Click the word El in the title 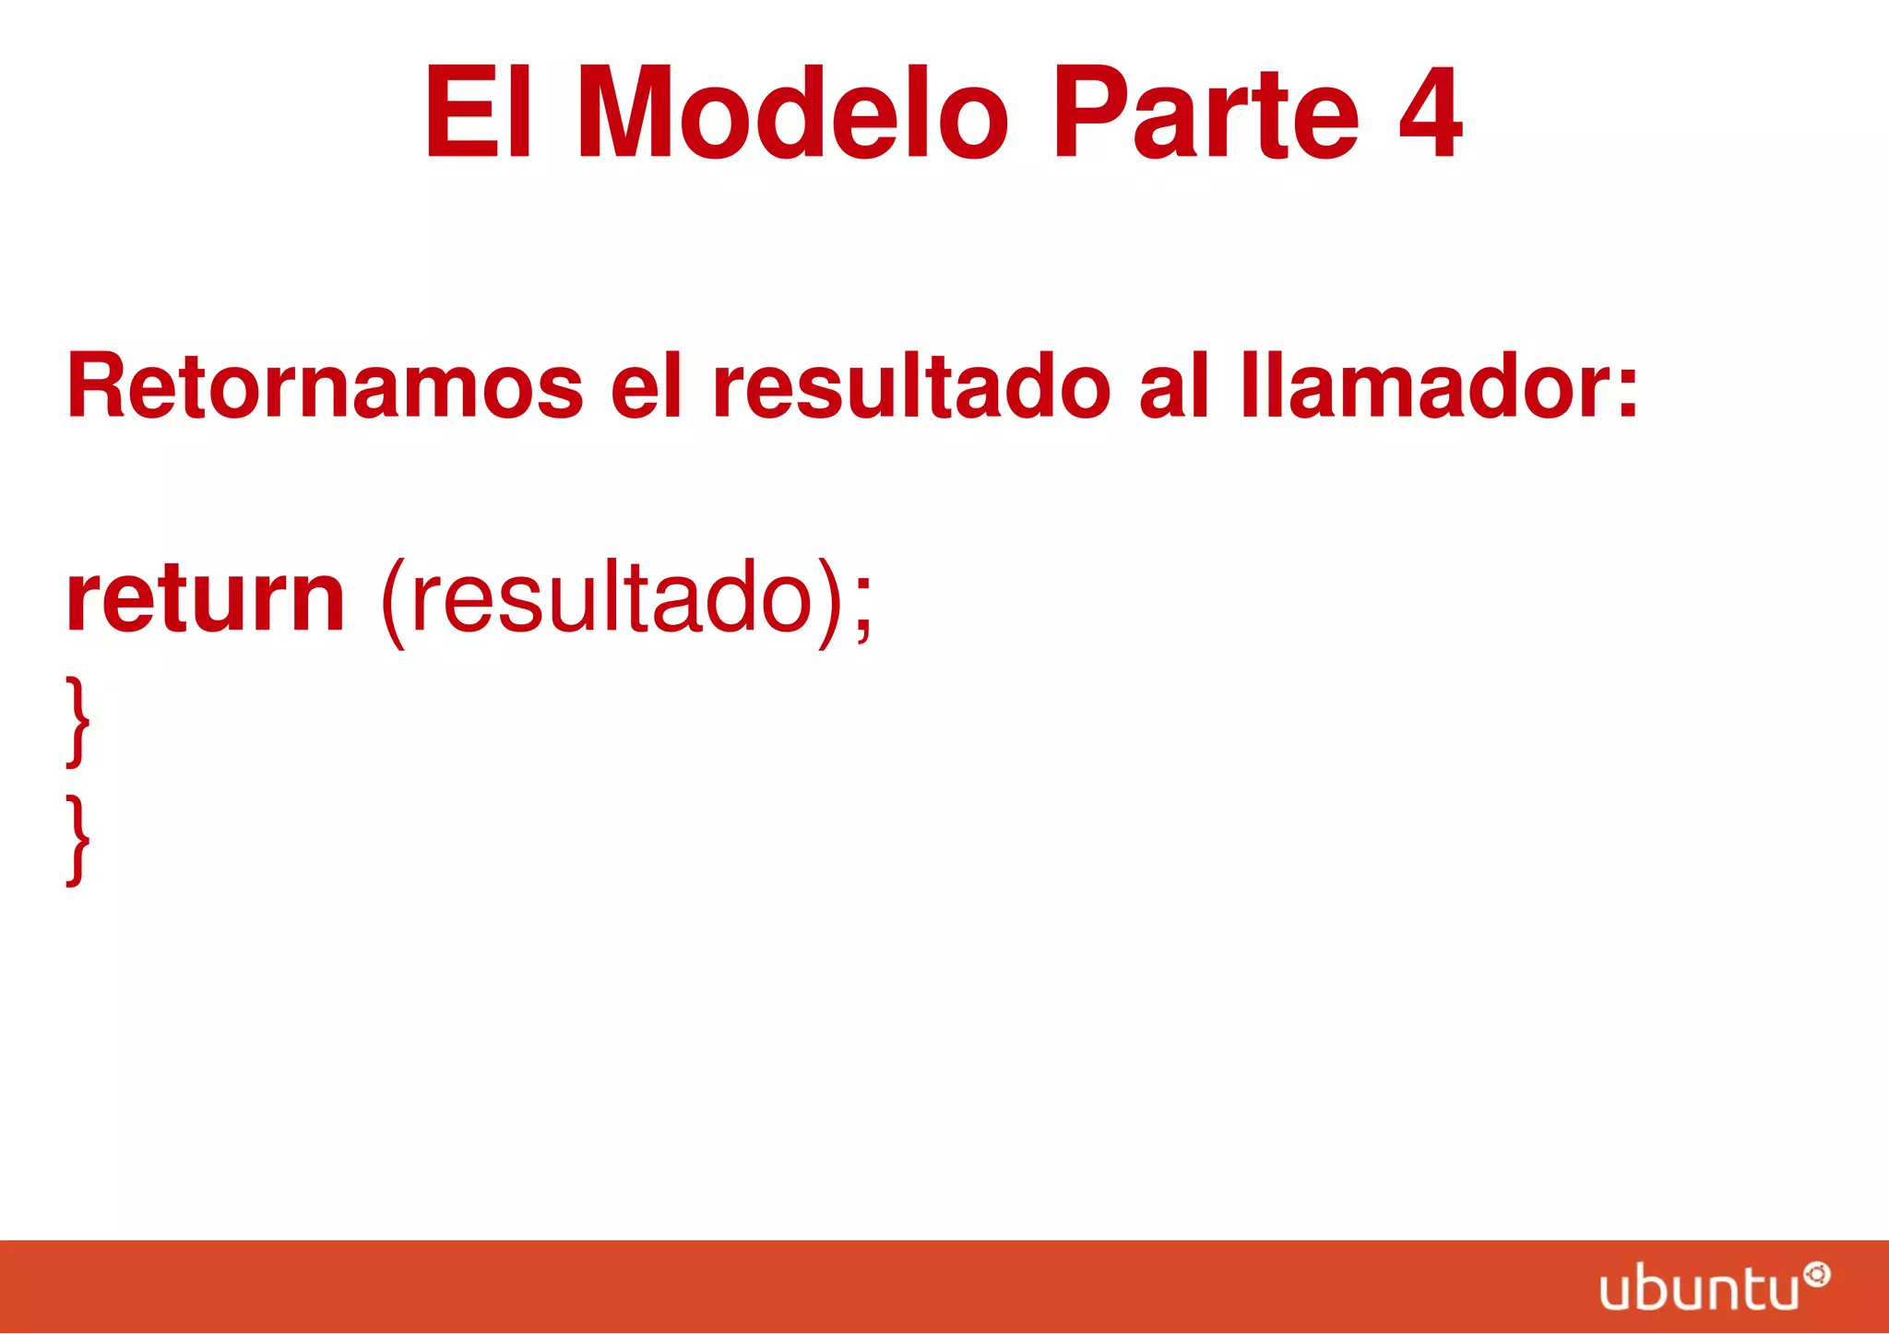(478, 114)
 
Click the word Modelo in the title (793, 114)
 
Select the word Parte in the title (1206, 114)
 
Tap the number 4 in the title (1429, 114)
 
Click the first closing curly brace (78, 721)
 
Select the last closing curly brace (78, 841)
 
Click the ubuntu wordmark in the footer (1699, 1288)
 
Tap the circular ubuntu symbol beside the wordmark (1817, 1275)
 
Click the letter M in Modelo (629, 114)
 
